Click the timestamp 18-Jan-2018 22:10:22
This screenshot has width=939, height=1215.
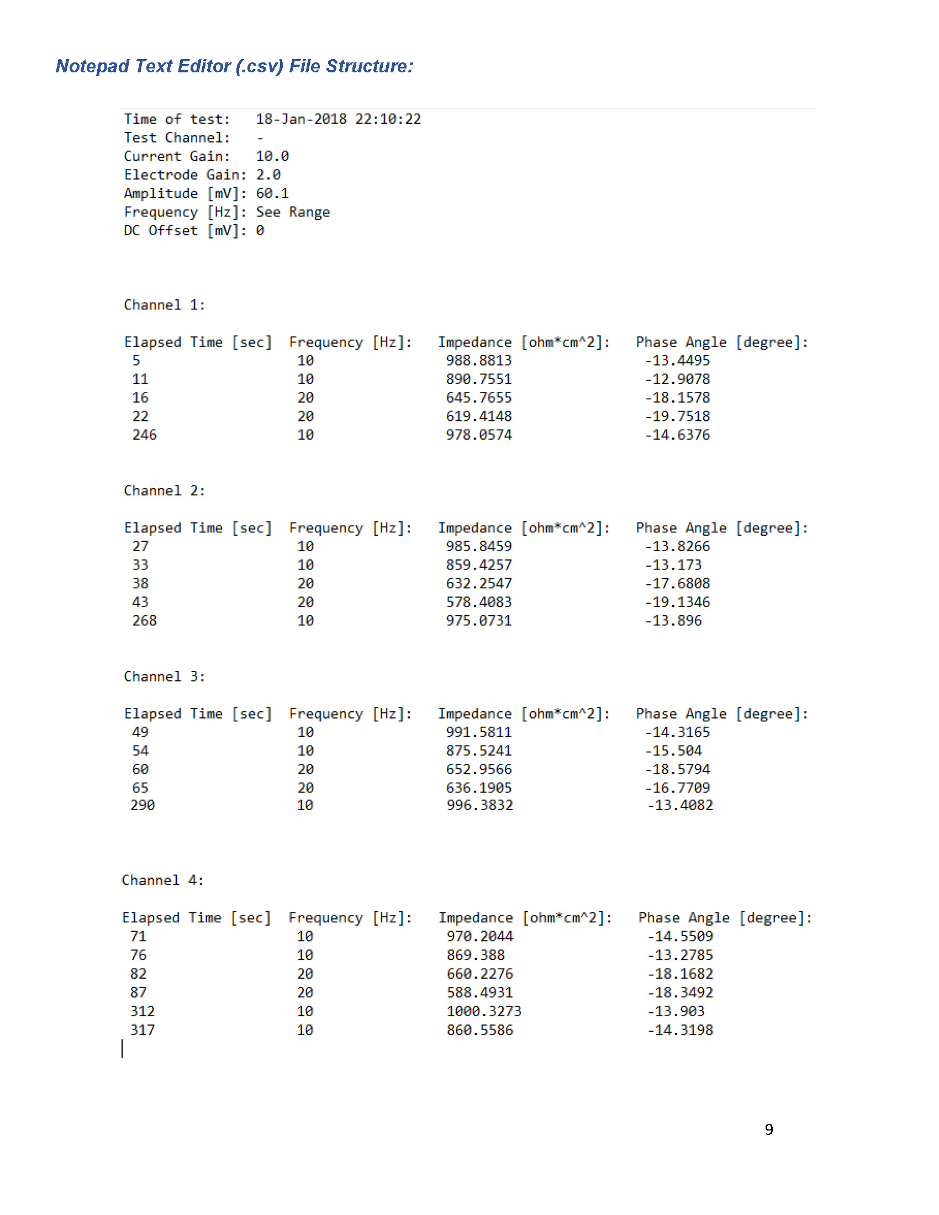click(x=338, y=119)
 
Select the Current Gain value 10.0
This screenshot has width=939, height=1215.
click(x=272, y=156)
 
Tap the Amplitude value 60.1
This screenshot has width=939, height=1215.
click(x=272, y=194)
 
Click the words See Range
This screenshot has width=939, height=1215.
click(x=293, y=212)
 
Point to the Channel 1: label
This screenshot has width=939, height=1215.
click(x=164, y=305)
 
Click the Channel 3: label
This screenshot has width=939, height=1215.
click(x=164, y=677)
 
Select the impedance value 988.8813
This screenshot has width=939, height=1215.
click(x=478, y=361)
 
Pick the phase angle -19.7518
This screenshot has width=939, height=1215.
click(x=677, y=416)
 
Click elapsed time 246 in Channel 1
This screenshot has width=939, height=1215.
click(x=144, y=435)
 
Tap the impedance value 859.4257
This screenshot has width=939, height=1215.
click(x=478, y=565)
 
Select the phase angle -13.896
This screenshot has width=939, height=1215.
click(x=673, y=621)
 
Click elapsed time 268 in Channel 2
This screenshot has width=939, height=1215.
click(x=144, y=621)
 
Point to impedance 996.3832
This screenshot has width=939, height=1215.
click(x=479, y=805)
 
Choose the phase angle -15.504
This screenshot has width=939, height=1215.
click(x=673, y=751)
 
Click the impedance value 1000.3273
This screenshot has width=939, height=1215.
click(x=483, y=1011)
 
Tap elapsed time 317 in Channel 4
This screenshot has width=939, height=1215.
click(x=143, y=1031)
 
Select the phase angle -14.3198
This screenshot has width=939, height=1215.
click(x=680, y=1031)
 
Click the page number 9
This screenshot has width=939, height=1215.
click(x=769, y=1129)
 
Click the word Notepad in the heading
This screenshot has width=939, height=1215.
click(x=93, y=66)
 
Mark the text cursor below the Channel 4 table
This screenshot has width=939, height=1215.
click(x=123, y=1049)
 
